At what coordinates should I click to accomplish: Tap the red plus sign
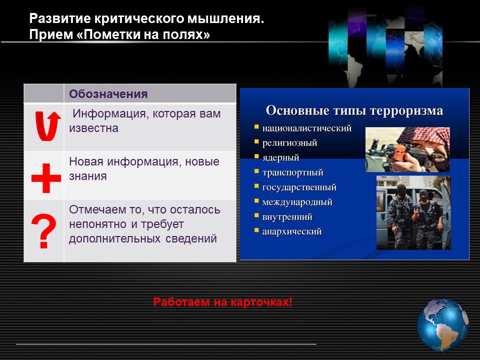coord(46,178)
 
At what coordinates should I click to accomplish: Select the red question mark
coord(44,231)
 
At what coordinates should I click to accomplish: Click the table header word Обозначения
coord(108,93)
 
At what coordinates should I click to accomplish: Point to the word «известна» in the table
coord(93,128)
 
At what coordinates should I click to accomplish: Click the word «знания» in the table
coord(88,176)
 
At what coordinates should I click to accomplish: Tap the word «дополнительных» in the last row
coord(114,239)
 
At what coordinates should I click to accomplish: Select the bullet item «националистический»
coord(306,128)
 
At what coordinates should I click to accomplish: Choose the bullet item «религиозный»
coord(289,143)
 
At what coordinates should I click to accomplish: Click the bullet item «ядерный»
coord(280,157)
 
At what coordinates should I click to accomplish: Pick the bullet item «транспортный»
coord(292,172)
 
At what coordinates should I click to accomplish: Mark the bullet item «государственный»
coord(299,187)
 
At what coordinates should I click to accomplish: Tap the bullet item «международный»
coord(297,202)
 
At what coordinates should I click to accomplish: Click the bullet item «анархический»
coord(292,231)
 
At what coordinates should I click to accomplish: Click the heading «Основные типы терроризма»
coord(354,110)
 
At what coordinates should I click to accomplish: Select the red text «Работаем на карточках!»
coord(222,302)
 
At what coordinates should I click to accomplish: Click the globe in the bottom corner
coord(442,325)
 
